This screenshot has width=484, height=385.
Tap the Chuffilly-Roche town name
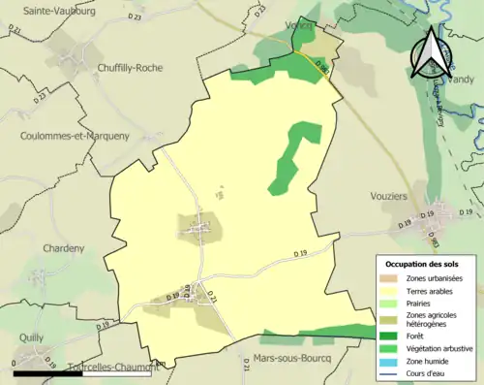[x=130, y=68]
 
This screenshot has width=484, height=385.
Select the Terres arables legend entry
[x=432, y=291]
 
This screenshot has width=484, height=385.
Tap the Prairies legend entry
[x=423, y=304]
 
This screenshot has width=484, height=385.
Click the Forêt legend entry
[x=418, y=337]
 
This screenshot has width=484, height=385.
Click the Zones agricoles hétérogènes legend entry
[x=438, y=320]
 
